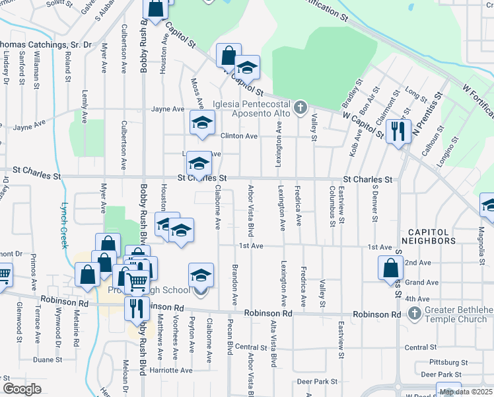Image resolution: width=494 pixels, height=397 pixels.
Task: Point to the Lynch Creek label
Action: point(64,225)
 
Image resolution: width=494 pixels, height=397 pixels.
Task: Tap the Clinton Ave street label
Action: point(238,136)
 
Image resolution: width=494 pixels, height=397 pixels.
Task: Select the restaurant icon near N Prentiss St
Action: point(398,130)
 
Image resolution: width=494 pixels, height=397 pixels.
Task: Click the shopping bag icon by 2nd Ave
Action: point(390,267)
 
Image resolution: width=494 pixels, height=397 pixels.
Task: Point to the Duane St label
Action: point(47,360)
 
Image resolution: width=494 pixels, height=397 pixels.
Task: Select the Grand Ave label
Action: point(421,283)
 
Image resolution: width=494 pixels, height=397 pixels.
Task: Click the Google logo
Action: point(22,389)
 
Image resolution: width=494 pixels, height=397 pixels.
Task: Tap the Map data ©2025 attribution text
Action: point(466,392)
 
